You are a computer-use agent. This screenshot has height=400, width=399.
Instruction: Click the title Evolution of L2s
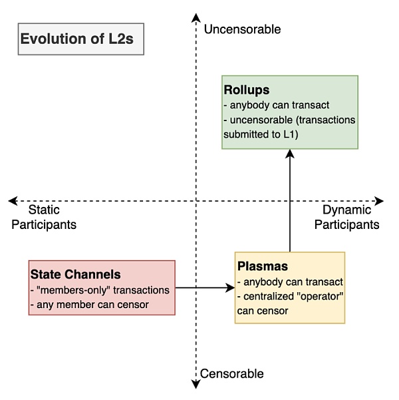[x=76, y=39]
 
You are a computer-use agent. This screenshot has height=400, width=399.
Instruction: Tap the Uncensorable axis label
[x=242, y=29]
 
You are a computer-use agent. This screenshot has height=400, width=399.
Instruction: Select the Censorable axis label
[x=232, y=373]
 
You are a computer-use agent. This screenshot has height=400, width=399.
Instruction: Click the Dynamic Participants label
[x=346, y=218]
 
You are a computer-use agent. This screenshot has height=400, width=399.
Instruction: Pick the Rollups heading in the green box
[x=246, y=90]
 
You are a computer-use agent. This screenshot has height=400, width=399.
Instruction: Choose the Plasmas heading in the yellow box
[x=263, y=266]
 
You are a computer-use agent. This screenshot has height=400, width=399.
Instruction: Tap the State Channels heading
[x=75, y=274]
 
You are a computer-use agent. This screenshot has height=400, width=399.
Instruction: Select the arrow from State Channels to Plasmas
[x=205, y=288]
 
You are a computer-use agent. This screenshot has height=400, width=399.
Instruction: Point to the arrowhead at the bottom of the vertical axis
[x=195, y=383]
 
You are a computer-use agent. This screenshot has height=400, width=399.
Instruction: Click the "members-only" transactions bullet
[x=100, y=290]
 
